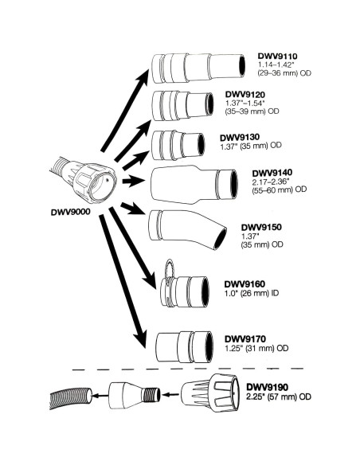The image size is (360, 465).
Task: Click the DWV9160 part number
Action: (245, 283)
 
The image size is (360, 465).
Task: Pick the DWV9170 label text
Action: (245, 338)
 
